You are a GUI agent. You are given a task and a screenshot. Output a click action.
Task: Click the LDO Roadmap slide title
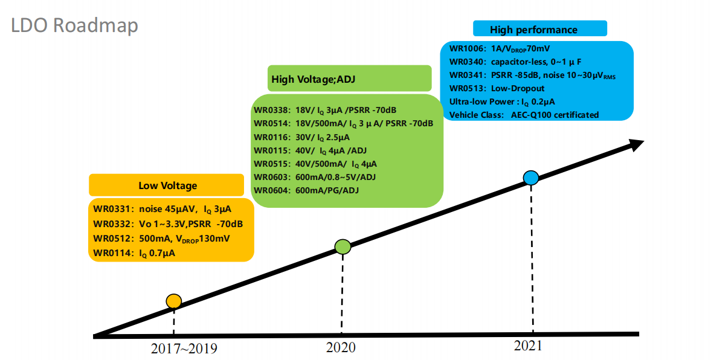74,25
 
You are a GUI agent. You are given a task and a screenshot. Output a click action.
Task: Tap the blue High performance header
539,30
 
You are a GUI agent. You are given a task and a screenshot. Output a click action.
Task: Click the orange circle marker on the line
173,301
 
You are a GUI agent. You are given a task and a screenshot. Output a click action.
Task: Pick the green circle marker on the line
343,246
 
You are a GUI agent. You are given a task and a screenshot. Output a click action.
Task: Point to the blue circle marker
531,178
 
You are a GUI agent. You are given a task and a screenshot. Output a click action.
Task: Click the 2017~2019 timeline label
184,349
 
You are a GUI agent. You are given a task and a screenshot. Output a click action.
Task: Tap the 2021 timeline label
528,346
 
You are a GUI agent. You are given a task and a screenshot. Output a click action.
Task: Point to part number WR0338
271,110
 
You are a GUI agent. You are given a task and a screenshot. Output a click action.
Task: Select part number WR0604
271,190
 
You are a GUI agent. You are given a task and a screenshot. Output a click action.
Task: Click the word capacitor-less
521,62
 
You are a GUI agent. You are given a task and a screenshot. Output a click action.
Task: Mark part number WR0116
271,137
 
